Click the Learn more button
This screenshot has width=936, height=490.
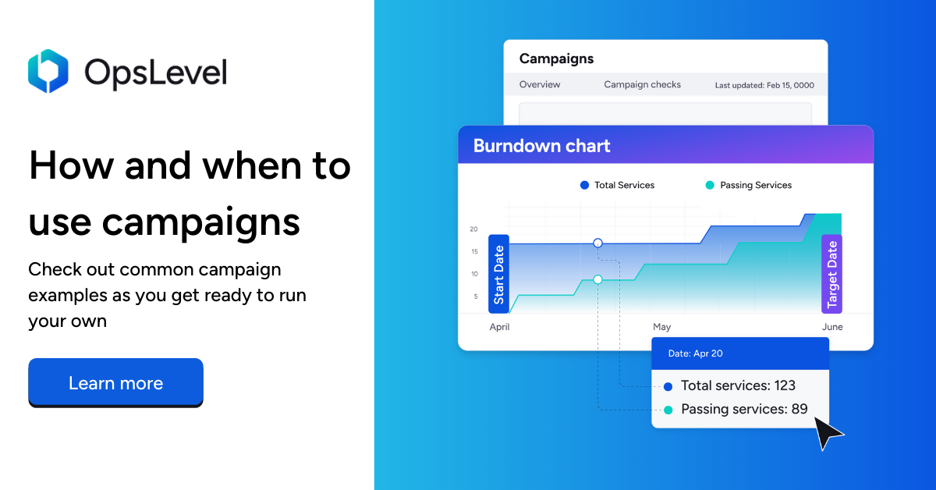115,383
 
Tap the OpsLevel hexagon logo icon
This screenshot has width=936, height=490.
48,71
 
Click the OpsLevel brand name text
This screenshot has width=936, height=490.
156,73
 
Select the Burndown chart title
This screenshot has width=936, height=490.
541,146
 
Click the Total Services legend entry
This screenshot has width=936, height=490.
617,186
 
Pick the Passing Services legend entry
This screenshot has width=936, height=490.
748,186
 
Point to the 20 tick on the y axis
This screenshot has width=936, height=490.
473,229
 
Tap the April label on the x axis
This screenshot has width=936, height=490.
499,327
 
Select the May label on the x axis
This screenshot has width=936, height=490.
661,327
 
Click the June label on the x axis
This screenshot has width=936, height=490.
832,327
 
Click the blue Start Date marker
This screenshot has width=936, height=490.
498,274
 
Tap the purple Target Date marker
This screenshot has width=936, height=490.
831,274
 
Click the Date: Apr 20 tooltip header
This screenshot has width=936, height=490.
696,353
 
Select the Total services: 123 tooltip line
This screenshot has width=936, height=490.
737,385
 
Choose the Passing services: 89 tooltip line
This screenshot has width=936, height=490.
743,409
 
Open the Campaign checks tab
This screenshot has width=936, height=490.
642,84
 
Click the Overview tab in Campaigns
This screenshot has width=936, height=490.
540,84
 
